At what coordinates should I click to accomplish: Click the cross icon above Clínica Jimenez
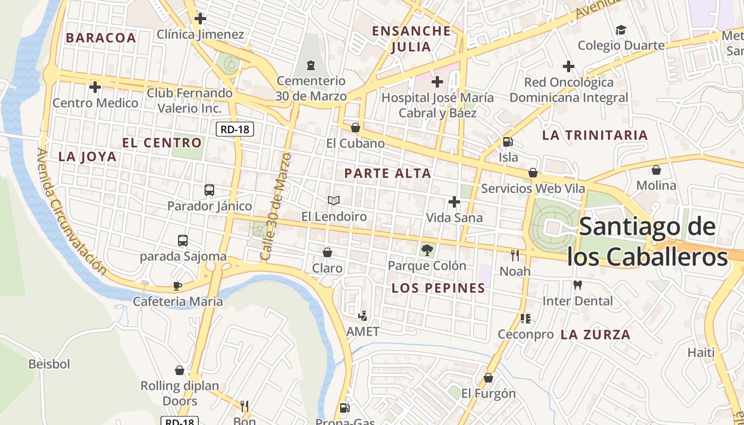pos(200,19)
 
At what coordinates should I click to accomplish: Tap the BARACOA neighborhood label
pos(101,38)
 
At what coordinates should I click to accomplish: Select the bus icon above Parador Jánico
pos(209,190)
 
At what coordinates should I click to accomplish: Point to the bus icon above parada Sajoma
pos(183,241)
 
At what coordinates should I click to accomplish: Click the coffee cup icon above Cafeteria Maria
pos(177,286)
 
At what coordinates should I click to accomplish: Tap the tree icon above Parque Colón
pos(427,250)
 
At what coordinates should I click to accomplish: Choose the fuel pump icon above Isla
pos(508,142)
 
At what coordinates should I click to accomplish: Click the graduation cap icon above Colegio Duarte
pos(621,30)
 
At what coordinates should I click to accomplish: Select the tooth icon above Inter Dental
pos(578,285)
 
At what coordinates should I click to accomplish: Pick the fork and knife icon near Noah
pos(514,256)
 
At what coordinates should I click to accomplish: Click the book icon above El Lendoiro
pos(334,200)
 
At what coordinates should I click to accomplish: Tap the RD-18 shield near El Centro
pos(235,129)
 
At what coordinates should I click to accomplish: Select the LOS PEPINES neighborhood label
pos(438,288)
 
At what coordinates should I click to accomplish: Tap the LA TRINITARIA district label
pos(595,135)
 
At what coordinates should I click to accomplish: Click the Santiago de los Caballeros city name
pos(647,242)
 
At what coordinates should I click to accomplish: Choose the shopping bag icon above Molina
pos(656,170)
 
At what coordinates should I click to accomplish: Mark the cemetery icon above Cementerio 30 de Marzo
pos(311,65)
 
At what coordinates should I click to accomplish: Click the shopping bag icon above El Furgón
pos(488,378)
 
